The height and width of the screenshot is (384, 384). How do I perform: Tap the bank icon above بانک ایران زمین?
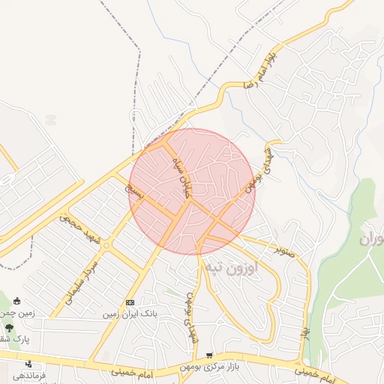click(x=130, y=302)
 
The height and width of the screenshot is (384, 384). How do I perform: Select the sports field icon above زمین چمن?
click(x=16, y=301)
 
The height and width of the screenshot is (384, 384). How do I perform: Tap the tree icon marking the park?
click(x=9, y=327)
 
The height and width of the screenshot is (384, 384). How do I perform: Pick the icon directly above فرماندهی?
click(x=29, y=364)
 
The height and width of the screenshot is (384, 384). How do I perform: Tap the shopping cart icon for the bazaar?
click(x=209, y=355)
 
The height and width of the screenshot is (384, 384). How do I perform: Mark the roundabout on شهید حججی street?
click(x=106, y=244)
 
